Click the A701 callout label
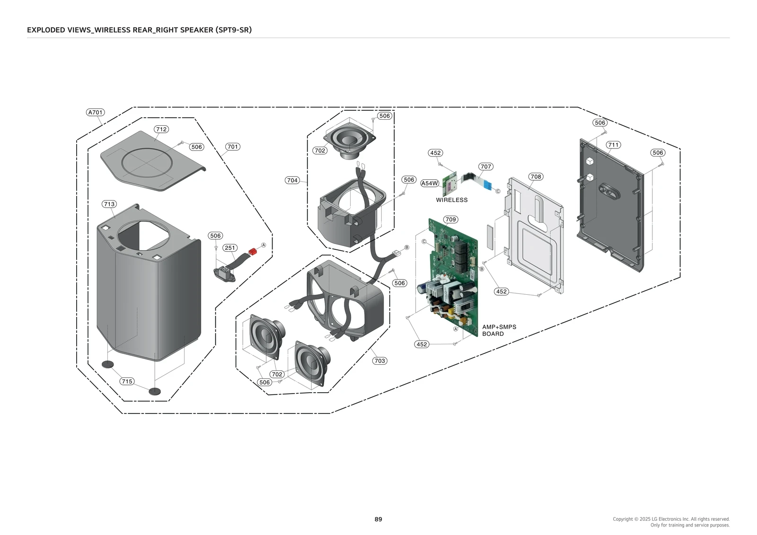(96, 113)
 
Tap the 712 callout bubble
(161, 129)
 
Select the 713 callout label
(109, 204)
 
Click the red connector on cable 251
(252, 251)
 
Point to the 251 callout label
(230, 248)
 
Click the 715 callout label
(127, 381)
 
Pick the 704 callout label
(292, 180)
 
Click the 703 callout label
(379, 361)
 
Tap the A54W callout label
(430, 184)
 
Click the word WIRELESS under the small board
(452, 200)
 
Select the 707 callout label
(486, 167)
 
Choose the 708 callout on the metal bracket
(536, 176)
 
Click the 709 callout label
(450, 219)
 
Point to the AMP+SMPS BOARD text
(499, 330)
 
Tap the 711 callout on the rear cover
(613, 145)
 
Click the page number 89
(378, 519)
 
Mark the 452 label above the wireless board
(435, 153)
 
